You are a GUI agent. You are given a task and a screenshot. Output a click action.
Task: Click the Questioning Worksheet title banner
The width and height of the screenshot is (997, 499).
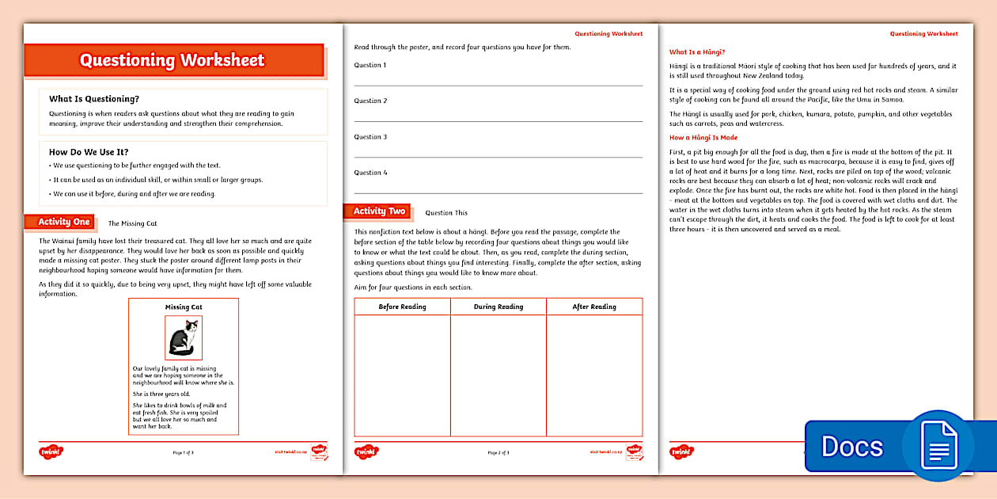pyautogui.click(x=173, y=60)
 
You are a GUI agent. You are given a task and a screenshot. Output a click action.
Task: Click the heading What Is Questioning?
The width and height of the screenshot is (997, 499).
pyautogui.click(x=94, y=99)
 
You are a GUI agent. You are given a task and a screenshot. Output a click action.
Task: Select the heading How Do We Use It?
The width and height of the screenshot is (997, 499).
pyautogui.click(x=89, y=152)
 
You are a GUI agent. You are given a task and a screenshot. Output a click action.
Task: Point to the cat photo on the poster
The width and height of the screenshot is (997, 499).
pyautogui.click(x=184, y=337)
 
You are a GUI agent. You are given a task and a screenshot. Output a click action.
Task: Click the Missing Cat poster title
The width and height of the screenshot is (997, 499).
pyautogui.click(x=184, y=307)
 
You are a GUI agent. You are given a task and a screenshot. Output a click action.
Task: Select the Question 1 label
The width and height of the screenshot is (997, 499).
pyautogui.click(x=370, y=65)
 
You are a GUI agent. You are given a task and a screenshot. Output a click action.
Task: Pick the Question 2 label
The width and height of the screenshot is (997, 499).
pyautogui.click(x=370, y=101)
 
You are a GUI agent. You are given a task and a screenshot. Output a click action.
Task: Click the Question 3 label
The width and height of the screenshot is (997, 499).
pyautogui.click(x=370, y=137)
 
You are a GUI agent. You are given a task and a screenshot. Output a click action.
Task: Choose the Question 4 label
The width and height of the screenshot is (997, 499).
pyautogui.click(x=370, y=173)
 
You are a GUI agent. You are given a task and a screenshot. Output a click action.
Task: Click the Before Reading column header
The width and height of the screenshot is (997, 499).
pyautogui.click(x=402, y=307)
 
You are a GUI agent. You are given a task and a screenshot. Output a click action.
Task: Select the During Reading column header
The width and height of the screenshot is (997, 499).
pyautogui.click(x=498, y=307)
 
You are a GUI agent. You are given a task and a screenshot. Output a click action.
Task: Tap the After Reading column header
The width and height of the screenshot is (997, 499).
pyautogui.click(x=594, y=307)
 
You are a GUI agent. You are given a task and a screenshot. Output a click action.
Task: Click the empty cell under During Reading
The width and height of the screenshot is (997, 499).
pyautogui.click(x=498, y=375)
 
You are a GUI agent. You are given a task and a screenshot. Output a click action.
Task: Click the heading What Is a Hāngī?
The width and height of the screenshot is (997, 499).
pyautogui.click(x=697, y=51)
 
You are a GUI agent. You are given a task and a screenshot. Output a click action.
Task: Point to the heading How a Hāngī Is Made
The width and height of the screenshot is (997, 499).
pyautogui.click(x=703, y=138)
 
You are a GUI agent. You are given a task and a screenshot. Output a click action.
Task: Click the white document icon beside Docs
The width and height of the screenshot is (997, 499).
pyautogui.click(x=938, y=445)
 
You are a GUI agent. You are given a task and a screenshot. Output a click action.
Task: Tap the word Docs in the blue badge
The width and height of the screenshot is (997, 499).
pyautogui.click(x=852, y=446)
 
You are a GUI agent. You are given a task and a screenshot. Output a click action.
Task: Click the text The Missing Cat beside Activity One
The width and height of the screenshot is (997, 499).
pyautogui.click(x=132, y=223)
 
